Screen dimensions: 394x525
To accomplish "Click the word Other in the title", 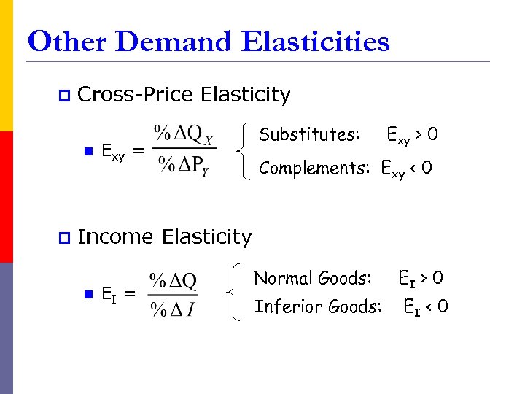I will point(66,42).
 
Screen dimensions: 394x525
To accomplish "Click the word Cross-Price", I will point(134,95).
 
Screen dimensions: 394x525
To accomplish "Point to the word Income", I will point(115,237).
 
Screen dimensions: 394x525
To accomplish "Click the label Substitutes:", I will point(309,134).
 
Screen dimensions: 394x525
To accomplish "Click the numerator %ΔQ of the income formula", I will point(173,280).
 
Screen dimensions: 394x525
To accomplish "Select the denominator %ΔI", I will point(173,309).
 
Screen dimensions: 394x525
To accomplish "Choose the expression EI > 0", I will point(420,279).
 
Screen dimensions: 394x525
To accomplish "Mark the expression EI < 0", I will point(426,307).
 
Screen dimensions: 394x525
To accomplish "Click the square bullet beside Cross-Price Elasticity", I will point(63,95).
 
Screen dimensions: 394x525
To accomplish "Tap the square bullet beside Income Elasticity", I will point(63,237).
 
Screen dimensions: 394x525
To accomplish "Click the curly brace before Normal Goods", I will point(235,293).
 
